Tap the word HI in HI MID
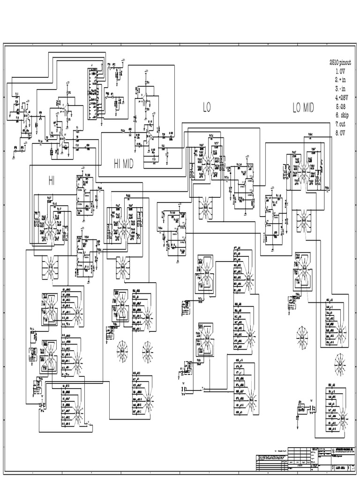(x=119, y=163)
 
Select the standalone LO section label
(x=207, y=107)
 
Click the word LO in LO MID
(x=297, y=108)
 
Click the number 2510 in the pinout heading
(x=335, y=62)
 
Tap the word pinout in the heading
(x=349, y=62)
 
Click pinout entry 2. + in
(x=342, y=80)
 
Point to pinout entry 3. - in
(x=342, y=89)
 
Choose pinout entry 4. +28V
(x=344, y=97)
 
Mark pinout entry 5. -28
(x=342, y=106)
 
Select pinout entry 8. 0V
(x=342, y=133)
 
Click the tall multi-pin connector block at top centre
(x=95, y=94)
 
